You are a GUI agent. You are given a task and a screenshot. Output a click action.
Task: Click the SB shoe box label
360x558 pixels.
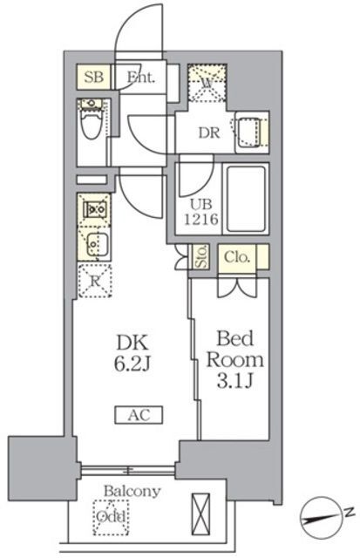[x=94, y=78]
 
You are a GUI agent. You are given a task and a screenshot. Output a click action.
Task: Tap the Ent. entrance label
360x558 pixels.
[x=140, y=78]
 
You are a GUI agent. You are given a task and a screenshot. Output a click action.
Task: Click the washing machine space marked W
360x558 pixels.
[x=207, y=83]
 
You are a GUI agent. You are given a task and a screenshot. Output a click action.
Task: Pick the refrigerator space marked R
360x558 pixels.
[x=93, y=280]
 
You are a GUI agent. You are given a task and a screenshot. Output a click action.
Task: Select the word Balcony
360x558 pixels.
[x=132, y=491]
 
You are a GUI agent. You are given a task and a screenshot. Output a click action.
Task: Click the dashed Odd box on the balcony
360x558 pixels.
[x=110, y=516]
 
